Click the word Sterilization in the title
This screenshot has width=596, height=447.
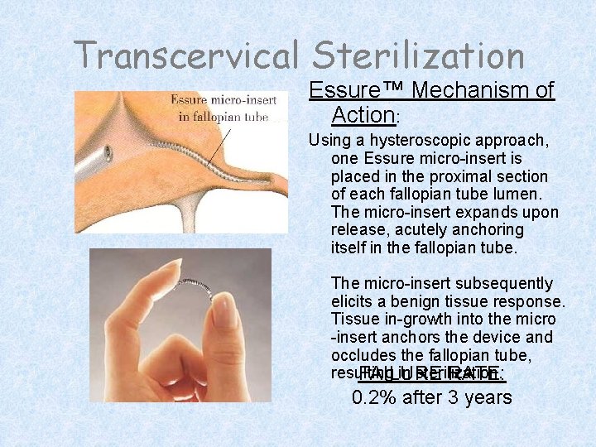418,55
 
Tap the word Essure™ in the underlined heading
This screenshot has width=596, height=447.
355,90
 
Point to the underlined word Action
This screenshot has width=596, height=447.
363,114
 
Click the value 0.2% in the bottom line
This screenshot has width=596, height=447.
377,397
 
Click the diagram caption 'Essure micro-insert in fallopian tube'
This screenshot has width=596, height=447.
219,108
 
